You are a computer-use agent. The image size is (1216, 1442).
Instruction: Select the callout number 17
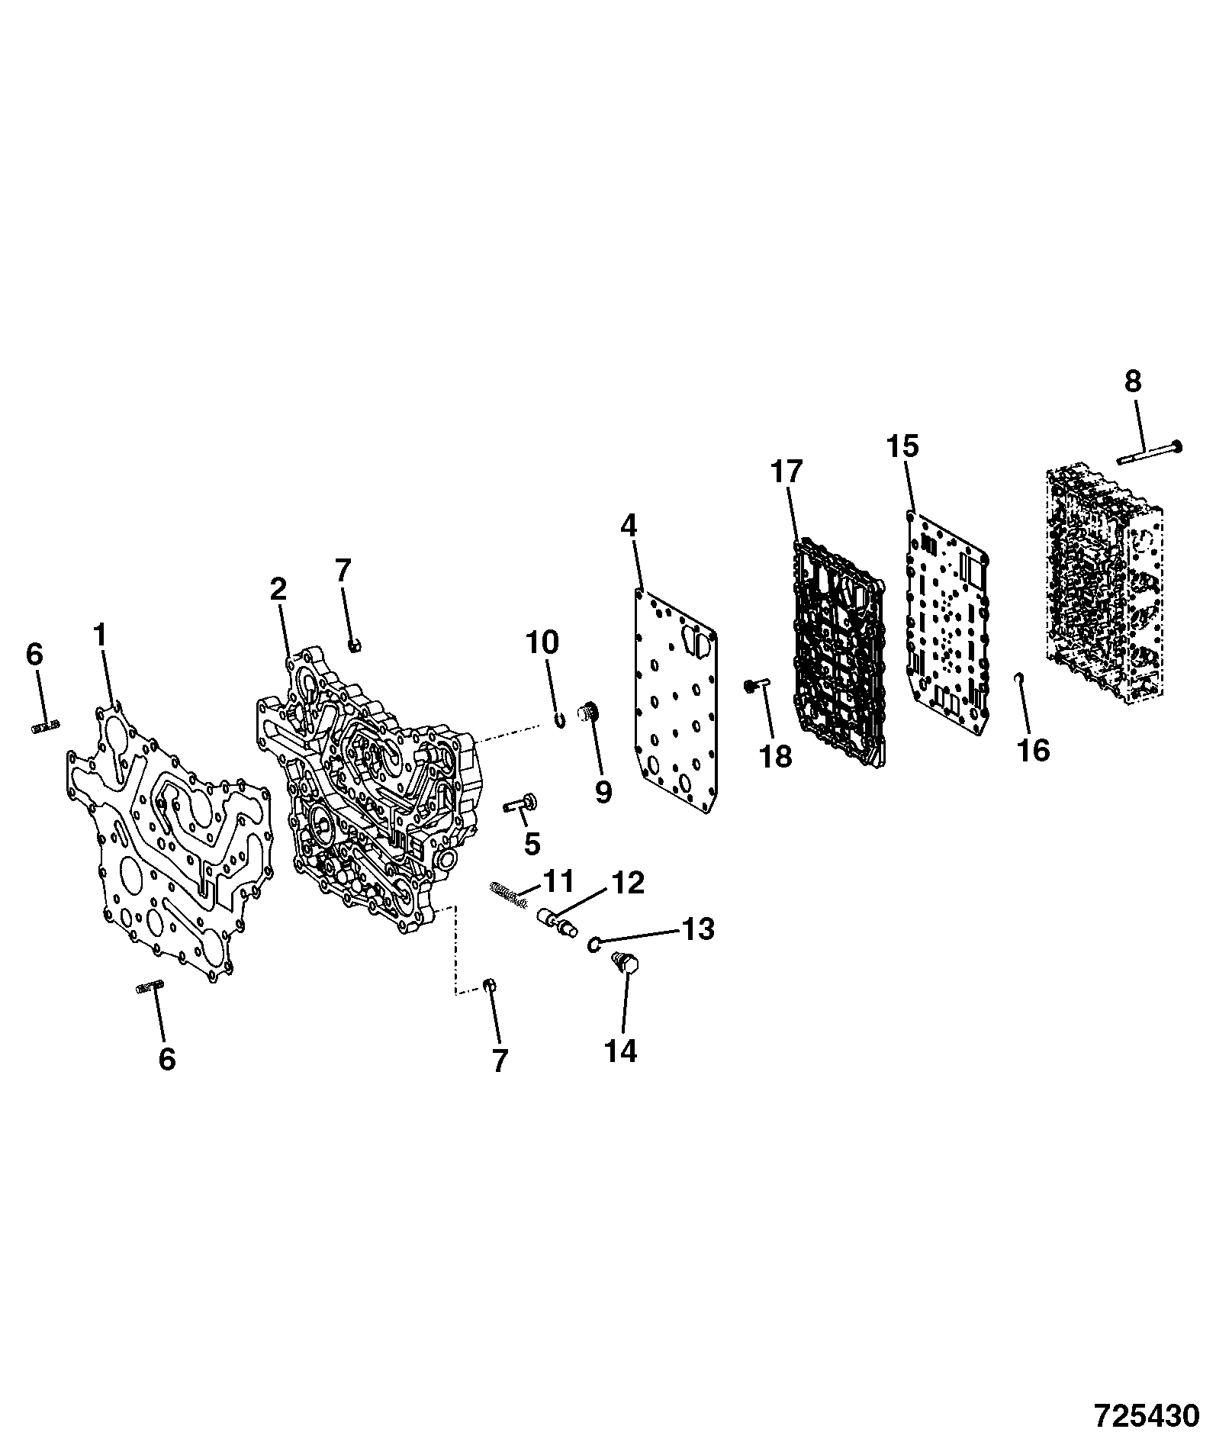coord(786,472)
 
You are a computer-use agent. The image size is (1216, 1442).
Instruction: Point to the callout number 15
coord(902,446)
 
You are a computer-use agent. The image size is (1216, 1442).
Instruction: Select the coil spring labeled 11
coord(508,893)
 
